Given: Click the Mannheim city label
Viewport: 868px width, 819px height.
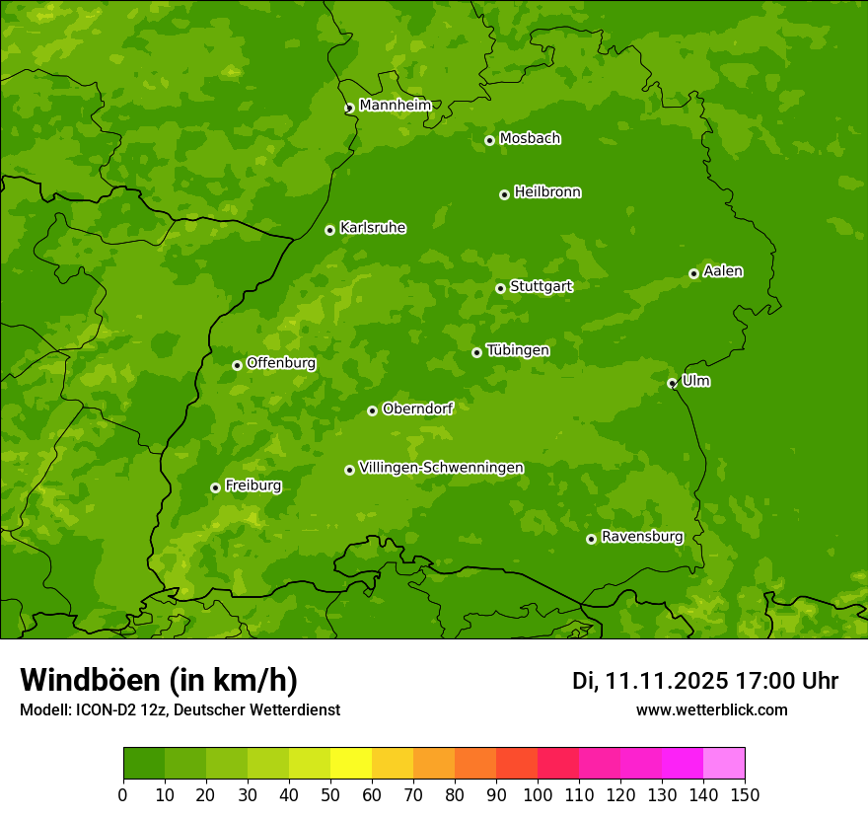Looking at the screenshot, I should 395,106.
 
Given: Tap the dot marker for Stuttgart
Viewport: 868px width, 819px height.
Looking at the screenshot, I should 500,288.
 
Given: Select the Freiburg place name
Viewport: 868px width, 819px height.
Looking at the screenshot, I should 253,485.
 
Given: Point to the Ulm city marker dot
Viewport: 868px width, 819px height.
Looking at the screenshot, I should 672,383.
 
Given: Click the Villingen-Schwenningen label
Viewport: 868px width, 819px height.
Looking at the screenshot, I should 441,468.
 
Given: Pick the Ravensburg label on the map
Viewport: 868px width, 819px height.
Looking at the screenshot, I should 642,537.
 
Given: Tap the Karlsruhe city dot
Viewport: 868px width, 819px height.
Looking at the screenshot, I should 329,230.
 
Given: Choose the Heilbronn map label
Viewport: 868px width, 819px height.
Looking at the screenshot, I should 547,192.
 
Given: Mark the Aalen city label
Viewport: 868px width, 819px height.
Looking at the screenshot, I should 723,271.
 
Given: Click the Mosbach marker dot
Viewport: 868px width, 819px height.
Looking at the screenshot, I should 489,140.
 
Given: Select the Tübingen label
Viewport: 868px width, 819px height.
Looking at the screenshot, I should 518,350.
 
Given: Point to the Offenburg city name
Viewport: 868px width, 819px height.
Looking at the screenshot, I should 281,363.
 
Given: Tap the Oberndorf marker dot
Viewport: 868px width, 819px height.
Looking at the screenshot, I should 372,410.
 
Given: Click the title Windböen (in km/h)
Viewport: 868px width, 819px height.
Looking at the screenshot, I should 158,680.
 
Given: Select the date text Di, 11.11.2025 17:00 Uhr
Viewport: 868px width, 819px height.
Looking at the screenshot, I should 705,681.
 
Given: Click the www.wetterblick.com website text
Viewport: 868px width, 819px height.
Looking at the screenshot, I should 711,709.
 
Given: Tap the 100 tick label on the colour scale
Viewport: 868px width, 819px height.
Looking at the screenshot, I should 538,794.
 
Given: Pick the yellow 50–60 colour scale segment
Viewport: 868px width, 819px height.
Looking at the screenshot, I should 351,764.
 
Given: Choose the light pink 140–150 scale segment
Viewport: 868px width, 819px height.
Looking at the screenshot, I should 724,764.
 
